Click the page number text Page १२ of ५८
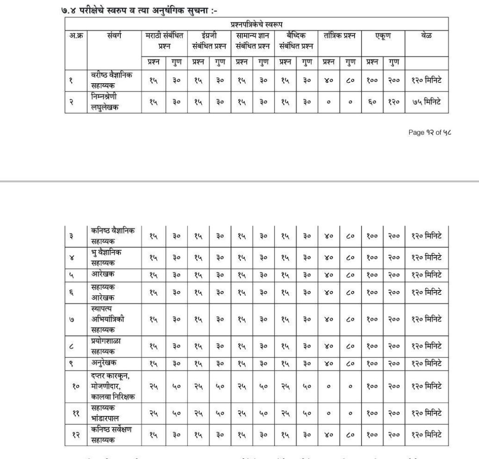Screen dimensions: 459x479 click(430, 132)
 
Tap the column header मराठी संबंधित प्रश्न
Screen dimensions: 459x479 click(165, 41)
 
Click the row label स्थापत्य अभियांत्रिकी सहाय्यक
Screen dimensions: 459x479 click(108, 319)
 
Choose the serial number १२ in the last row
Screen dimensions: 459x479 click(75, 435)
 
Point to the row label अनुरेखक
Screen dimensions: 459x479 click(104, 363)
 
